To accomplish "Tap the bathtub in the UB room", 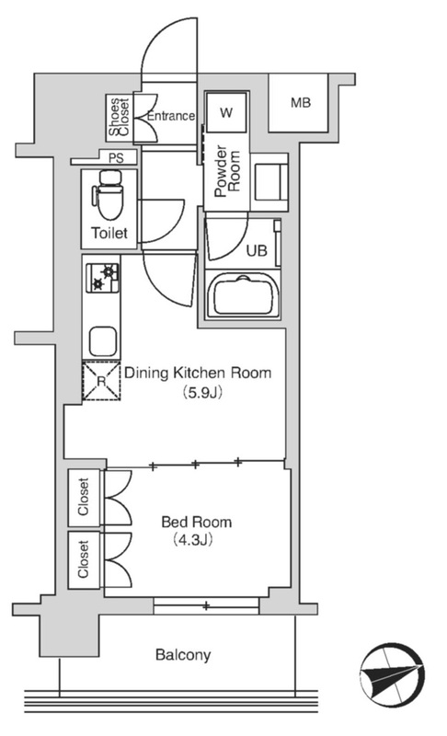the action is click(x=243, y=295).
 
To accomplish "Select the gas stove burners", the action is click(x=102, y=277).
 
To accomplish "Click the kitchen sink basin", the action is click(x=103, y=340).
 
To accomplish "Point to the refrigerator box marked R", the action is click(x=102, y=381).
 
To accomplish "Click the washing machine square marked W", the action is click(x=226, y=112).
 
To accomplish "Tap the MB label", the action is click(x=300, y=102).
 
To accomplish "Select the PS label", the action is click(x=116, y=157).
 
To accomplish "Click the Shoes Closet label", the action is click(x=119, y=117).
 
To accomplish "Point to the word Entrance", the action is click(x=171, y=116).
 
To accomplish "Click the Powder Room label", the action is click(x=227, y=172).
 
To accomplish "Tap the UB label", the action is click(x=257, y=250).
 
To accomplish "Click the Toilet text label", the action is click(x=109, y=233).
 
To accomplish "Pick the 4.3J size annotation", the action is click(x=193, y=540).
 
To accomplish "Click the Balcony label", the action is click(x=183, y=655).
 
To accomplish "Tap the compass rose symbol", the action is click(x=392, y=674).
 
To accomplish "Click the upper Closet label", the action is click(x=84, y=497).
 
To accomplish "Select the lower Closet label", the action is click(x=84, y=559).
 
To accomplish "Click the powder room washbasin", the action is click(x=269, y=182).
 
